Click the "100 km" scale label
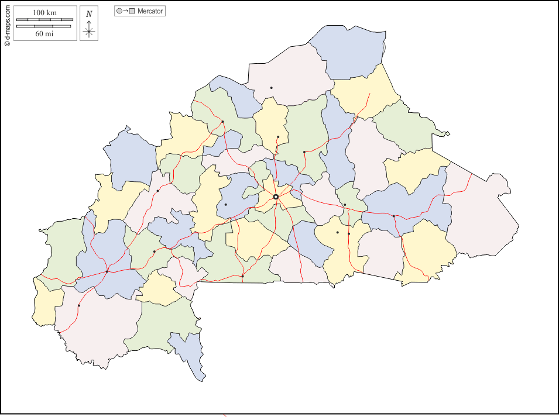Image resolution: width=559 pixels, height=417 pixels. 44,12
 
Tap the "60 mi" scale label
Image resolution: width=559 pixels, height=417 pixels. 44,34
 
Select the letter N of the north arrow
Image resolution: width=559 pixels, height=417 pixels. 89,14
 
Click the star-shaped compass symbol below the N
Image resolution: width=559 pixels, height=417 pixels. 89,32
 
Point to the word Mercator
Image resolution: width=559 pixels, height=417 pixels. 150,11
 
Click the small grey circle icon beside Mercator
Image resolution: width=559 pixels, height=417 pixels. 119,11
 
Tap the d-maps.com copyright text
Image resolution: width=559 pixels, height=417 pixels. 7,23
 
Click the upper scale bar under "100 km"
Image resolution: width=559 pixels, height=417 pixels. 44,20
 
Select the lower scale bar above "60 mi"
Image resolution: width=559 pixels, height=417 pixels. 44,26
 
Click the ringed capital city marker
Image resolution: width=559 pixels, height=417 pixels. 276,197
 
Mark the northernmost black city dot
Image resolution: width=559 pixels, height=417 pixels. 271,88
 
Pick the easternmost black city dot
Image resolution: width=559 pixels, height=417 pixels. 394,216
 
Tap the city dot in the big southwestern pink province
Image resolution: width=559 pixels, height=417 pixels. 79,305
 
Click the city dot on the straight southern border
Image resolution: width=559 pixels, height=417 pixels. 242,276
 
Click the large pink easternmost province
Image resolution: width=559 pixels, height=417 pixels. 480,216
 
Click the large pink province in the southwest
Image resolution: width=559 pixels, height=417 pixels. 100,328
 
